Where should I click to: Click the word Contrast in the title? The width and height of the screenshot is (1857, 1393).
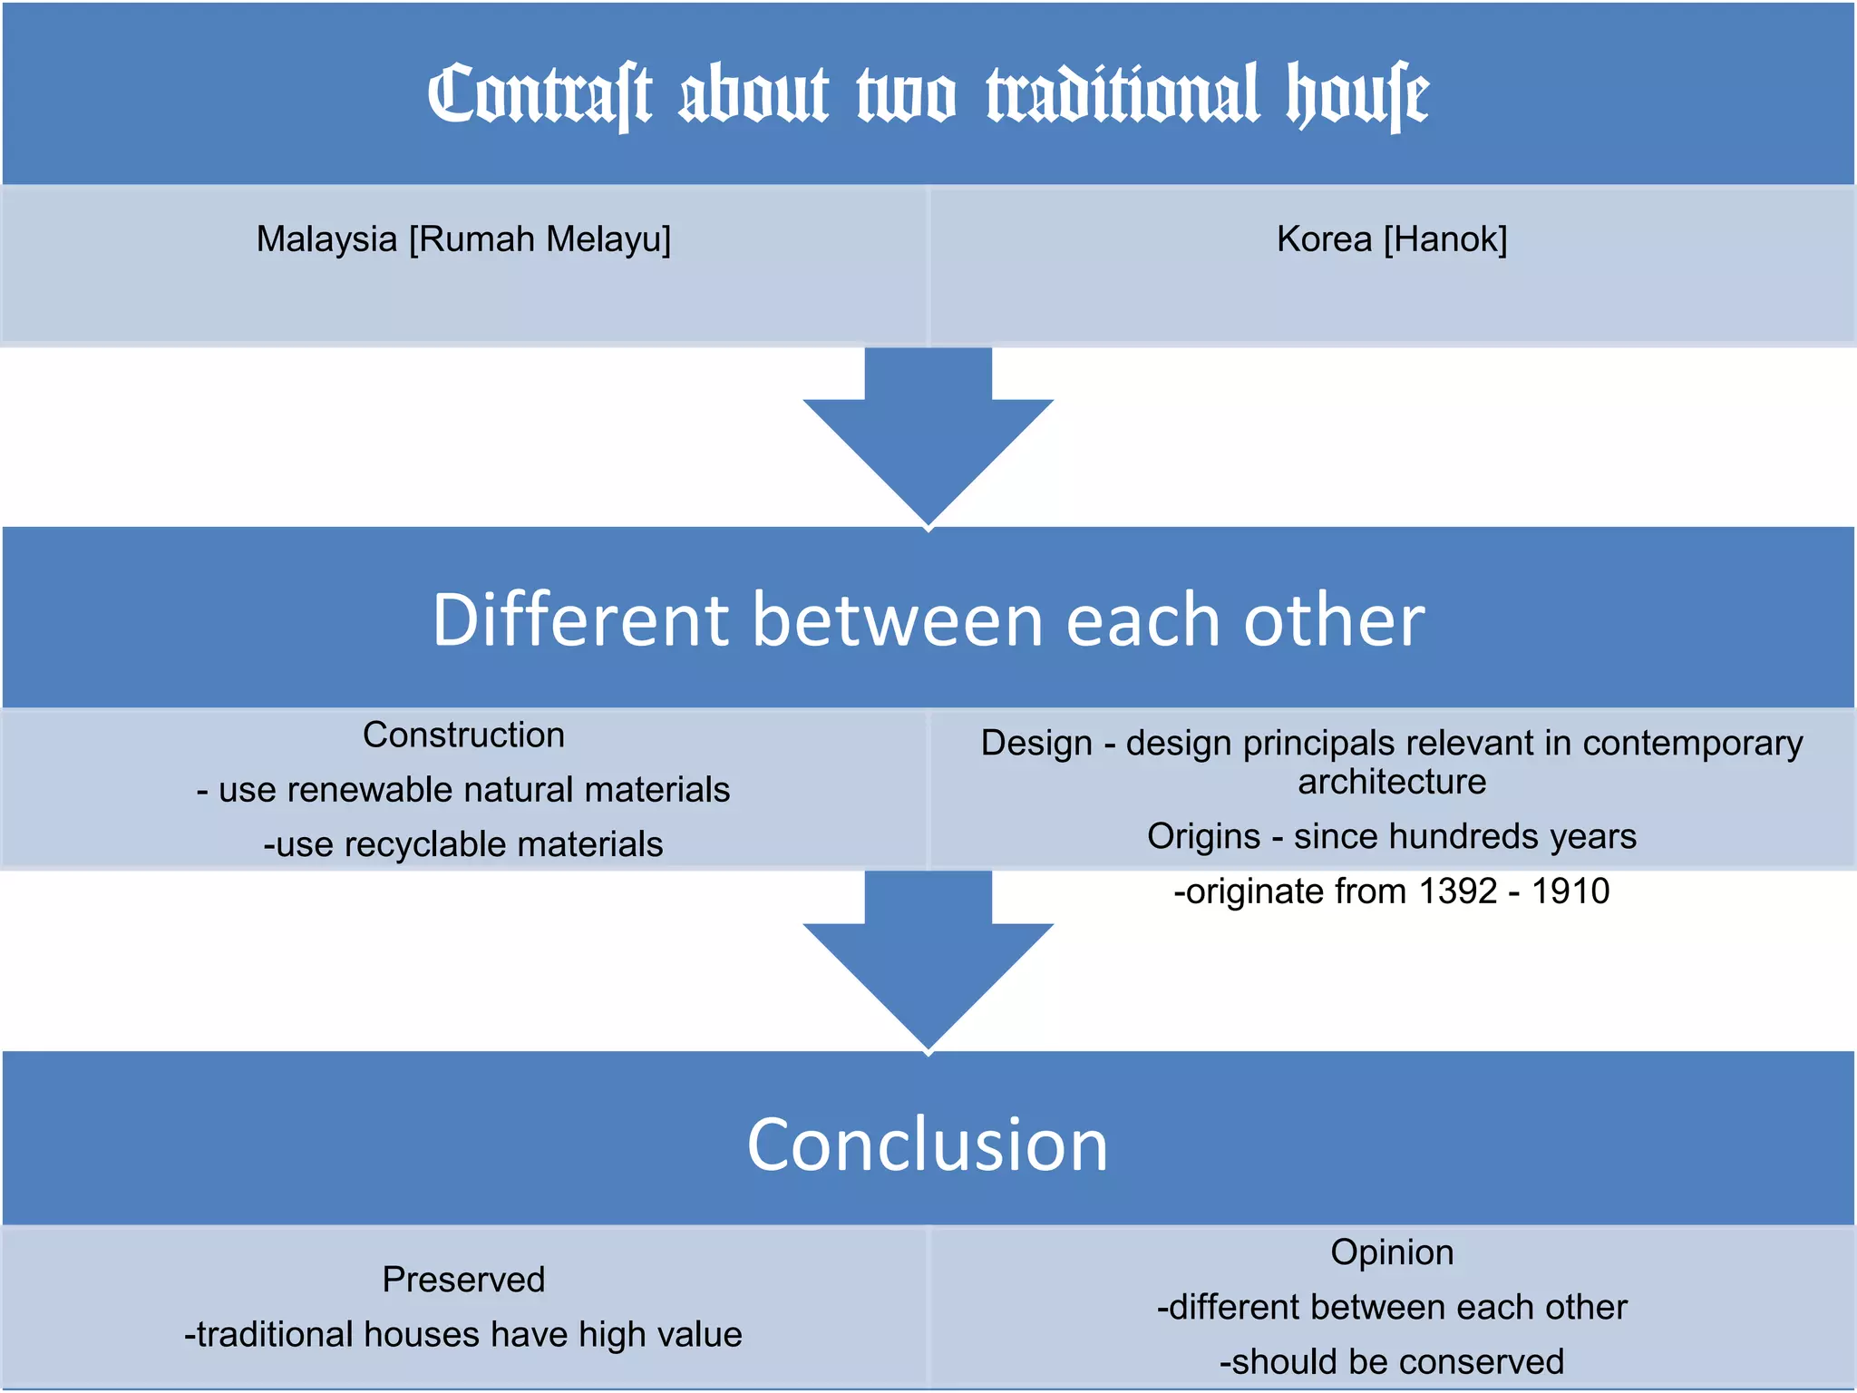pyautogui.click(x=539, y=94)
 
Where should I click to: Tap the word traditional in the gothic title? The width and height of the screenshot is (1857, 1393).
pyautogui.click(x=1123, y=94)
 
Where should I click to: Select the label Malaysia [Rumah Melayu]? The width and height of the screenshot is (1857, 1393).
pyautogui.click(x=463, y=239)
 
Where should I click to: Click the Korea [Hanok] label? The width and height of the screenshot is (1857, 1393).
pyautogui.click(x=1392, y=239)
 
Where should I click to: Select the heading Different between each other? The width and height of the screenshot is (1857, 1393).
pyautogui.click(x=928, y=619)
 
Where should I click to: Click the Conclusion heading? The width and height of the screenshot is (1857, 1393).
pyautogui.click(x=928, y=1144)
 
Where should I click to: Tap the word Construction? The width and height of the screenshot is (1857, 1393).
pyautogui.click(x=463, y=735)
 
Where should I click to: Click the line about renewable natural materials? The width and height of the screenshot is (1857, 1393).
pyautogui.click(x=463, y=789)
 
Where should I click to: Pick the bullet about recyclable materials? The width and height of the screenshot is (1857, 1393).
pyautogui.click(x=463, y=844)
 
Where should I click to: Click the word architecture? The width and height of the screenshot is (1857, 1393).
pyautogui.click(x=1392, y=782)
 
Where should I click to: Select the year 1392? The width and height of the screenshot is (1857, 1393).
pyautogui.click(x=1457, y=891)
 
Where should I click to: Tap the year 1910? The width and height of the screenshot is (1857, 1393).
pyautogui.click(x=1570, y=891)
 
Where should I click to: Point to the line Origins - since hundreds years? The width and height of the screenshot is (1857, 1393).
pyautogui.click(x=1392, y=836)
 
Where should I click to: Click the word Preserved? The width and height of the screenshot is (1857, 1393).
pyautogui.click(x=463, y=1280)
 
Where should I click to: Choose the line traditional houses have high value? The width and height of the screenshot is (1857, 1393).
pyautogui.click(x=463, y=1335)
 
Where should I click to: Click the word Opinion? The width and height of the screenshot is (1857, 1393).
pyautogui.click(x=1392, y=1252)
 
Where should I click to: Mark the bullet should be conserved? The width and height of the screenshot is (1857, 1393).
pyautogui.click(x=1392, y=1362)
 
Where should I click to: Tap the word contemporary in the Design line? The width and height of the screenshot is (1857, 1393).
pyautogui.click(x=1692, y=744)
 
